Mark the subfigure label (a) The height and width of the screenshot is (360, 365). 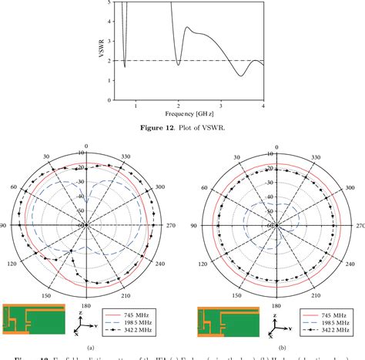[89, 348]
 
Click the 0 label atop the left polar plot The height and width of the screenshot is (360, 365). [87, 146]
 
